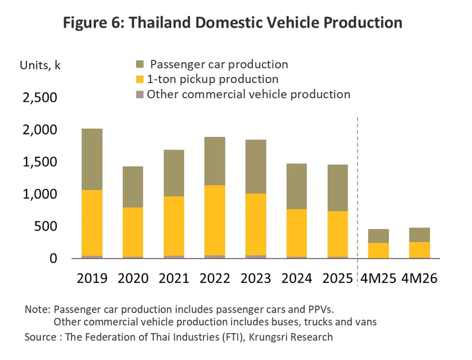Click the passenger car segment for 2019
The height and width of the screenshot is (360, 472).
(x=92, y=159)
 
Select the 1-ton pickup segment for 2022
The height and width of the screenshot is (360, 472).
(x=215, y=220)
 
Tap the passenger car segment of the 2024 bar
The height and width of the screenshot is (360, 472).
(x=297, y=186)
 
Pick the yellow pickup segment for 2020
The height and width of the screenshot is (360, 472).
(x=133, y=232)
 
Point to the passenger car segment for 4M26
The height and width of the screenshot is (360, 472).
(x=419, y=235)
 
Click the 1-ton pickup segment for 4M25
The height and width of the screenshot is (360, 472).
(x=378, y=250)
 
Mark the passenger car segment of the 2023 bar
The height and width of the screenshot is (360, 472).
(x=256, y=167)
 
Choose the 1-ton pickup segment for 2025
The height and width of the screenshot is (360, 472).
(x=338, y=234)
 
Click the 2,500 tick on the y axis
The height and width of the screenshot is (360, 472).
(x=40, y=98)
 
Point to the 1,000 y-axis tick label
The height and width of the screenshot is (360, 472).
(x=40, y=194)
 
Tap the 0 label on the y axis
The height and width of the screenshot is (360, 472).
(x=53, y=258)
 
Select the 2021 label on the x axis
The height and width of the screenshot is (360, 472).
(x=174, y=278)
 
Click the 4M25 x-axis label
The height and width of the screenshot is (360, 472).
(x=378, y=278)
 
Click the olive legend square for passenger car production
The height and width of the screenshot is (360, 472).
(x=140, y=64)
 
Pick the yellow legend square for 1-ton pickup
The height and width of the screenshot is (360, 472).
(x=140, y=79)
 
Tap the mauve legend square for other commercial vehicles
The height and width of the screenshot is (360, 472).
(x=140, y=94)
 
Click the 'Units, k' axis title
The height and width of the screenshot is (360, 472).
(x=40, y=65)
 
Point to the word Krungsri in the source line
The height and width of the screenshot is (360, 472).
(x=268, y=337)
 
